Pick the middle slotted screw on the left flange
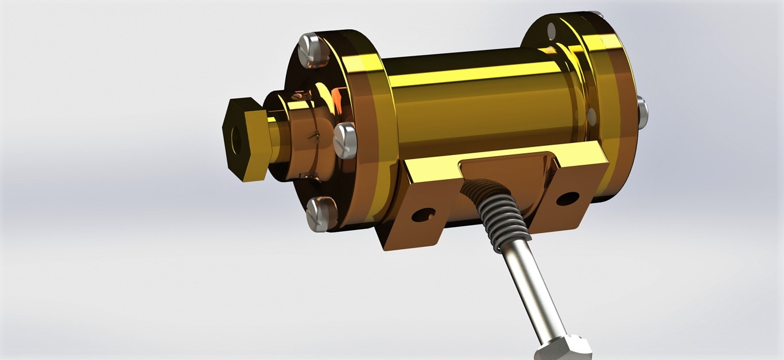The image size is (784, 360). pyautogui.click(x=345, y=140)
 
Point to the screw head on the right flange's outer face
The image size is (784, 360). pyautogui.click(x=643, y=113)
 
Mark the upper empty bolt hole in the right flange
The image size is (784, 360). pyautogui.click(x=552, y=30)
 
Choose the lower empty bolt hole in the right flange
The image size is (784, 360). pyautogui.click(x=592, y=117)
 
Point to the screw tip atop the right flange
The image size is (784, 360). pyautogui.click(x=597, y=13)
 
